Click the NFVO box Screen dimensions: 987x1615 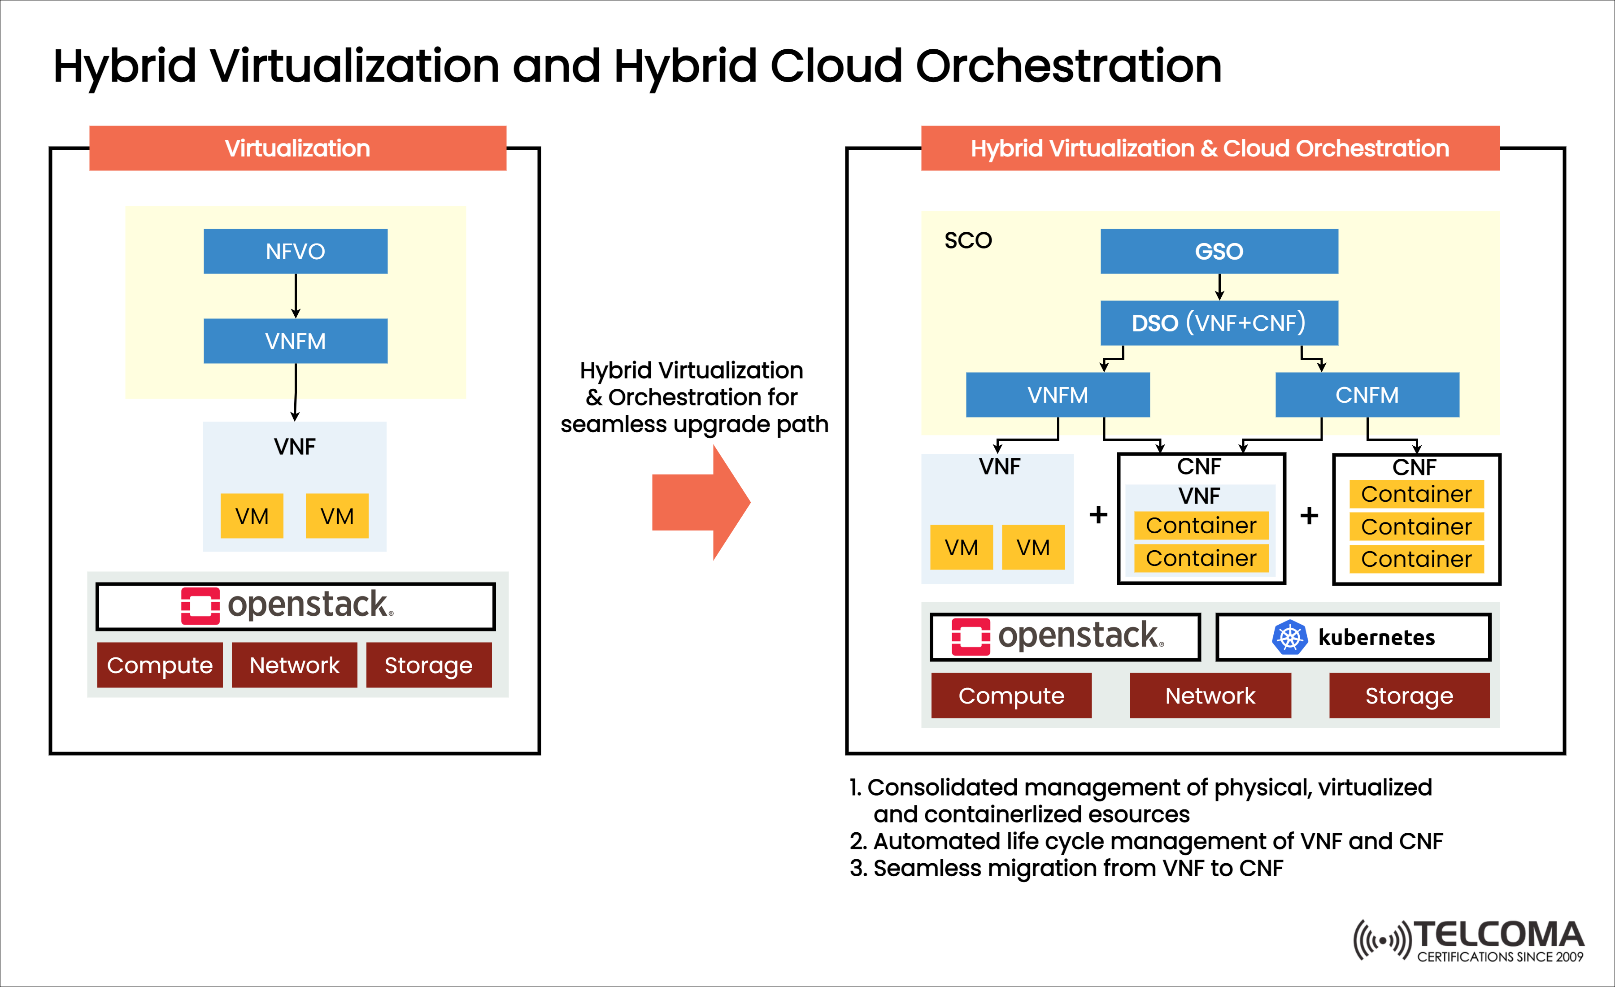(295, 251)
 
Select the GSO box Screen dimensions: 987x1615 (1219, 251)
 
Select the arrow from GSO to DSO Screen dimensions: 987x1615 (1219, 287)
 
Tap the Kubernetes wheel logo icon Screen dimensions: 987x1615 (1289, 637)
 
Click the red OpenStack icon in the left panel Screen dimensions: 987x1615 (200, 605)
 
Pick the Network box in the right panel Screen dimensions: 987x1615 (1210, 696)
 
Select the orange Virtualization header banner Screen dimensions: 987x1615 (297, 148)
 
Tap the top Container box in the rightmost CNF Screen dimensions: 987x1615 (1416, 494)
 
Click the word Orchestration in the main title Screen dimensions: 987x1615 (1068, 66)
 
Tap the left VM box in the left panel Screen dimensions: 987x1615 (252, 516)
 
